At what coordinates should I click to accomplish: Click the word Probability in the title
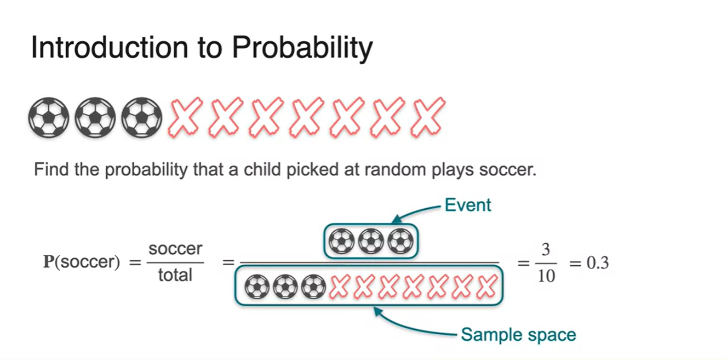302,48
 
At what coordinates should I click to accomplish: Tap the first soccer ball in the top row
48,117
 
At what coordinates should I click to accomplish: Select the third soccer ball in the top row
142,117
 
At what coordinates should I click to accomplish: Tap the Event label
467,205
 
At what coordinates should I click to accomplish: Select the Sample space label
518,334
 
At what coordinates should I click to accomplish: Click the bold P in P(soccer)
48,262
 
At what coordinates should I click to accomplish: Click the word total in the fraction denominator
175,275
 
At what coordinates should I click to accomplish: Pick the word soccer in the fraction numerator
175,250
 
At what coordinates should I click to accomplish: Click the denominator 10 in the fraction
546,275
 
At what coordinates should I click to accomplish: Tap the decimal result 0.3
597,263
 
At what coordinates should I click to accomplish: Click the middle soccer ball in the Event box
370,241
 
